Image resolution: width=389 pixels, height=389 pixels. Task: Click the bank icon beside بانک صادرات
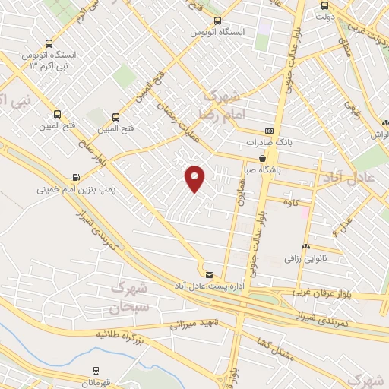pos(267,131)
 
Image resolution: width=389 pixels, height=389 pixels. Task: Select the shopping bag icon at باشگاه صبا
pos(263,159)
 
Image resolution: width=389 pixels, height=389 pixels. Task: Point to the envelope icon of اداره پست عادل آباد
pos(209,274)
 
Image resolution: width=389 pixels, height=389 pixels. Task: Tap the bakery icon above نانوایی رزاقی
pos(305,247)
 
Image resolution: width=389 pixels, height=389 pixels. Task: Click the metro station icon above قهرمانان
pos(96,370)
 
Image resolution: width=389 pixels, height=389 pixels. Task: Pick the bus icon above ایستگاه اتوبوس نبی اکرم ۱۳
pos(49,43)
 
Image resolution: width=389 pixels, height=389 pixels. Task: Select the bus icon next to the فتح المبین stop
pos(116,117)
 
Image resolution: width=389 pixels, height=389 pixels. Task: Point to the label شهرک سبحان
pos(126,297)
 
